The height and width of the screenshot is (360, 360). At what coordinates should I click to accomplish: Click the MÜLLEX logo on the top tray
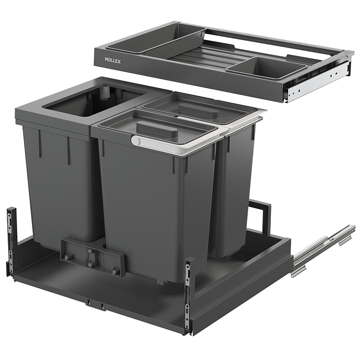tap(113, 61)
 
